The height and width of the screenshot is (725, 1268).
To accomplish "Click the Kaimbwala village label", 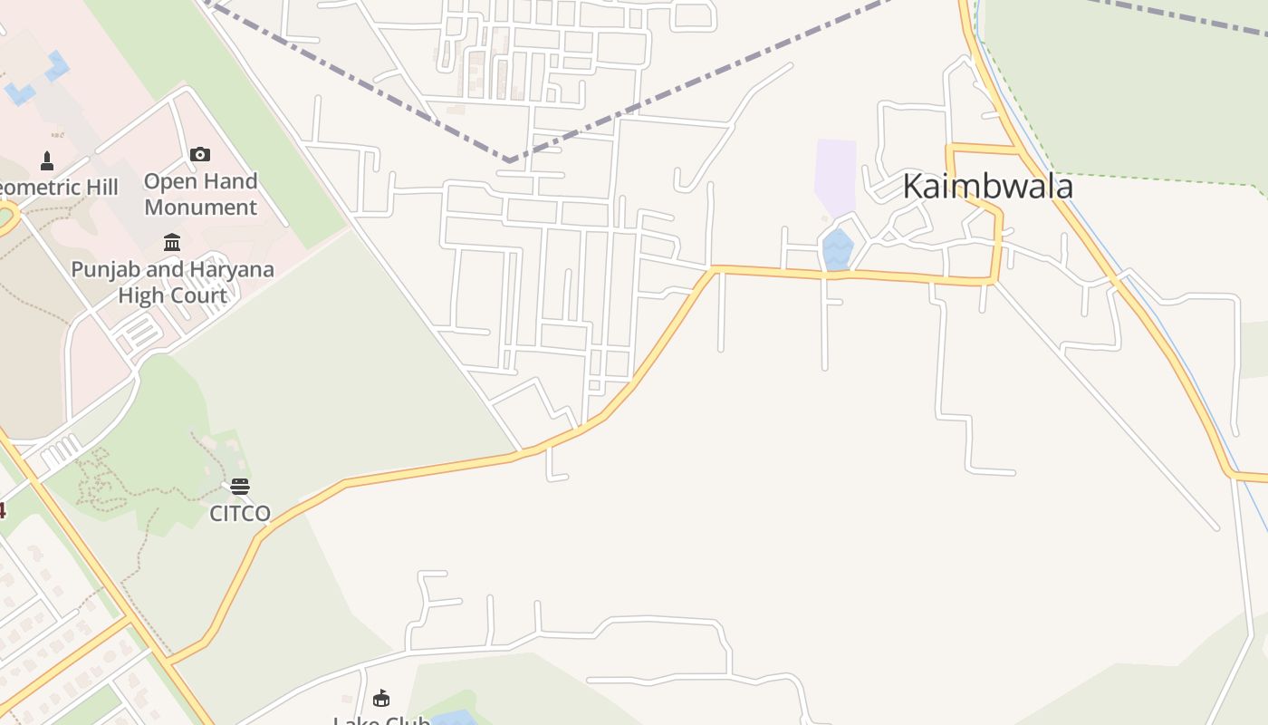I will pos(987,187).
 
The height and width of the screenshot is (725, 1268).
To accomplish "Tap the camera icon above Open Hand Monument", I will pos(200,154).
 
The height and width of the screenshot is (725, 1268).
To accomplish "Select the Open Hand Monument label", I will pos(200,194).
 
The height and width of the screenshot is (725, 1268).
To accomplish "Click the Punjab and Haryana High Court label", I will pos(172,282).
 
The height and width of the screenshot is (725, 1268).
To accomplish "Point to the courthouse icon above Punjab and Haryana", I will pos(172,242).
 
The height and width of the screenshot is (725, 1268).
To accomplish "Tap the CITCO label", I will pos(240,514).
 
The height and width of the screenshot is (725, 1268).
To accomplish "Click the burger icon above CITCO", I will pos(240,487).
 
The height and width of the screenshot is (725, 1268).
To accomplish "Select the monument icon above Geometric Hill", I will pos(47,161).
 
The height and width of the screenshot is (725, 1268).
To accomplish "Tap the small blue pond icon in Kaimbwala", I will pos(838,248).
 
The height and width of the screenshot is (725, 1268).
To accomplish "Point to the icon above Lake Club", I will pos(381,698).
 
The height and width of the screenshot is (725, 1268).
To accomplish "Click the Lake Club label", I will pos(381,720).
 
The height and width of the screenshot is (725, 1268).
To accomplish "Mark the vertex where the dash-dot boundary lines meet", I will pos(510,161).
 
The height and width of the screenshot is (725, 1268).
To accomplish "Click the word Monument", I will pos(200,207).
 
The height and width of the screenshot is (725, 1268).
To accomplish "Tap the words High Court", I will pos(172,295).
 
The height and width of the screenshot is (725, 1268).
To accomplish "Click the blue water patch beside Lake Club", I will pos(453,718).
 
